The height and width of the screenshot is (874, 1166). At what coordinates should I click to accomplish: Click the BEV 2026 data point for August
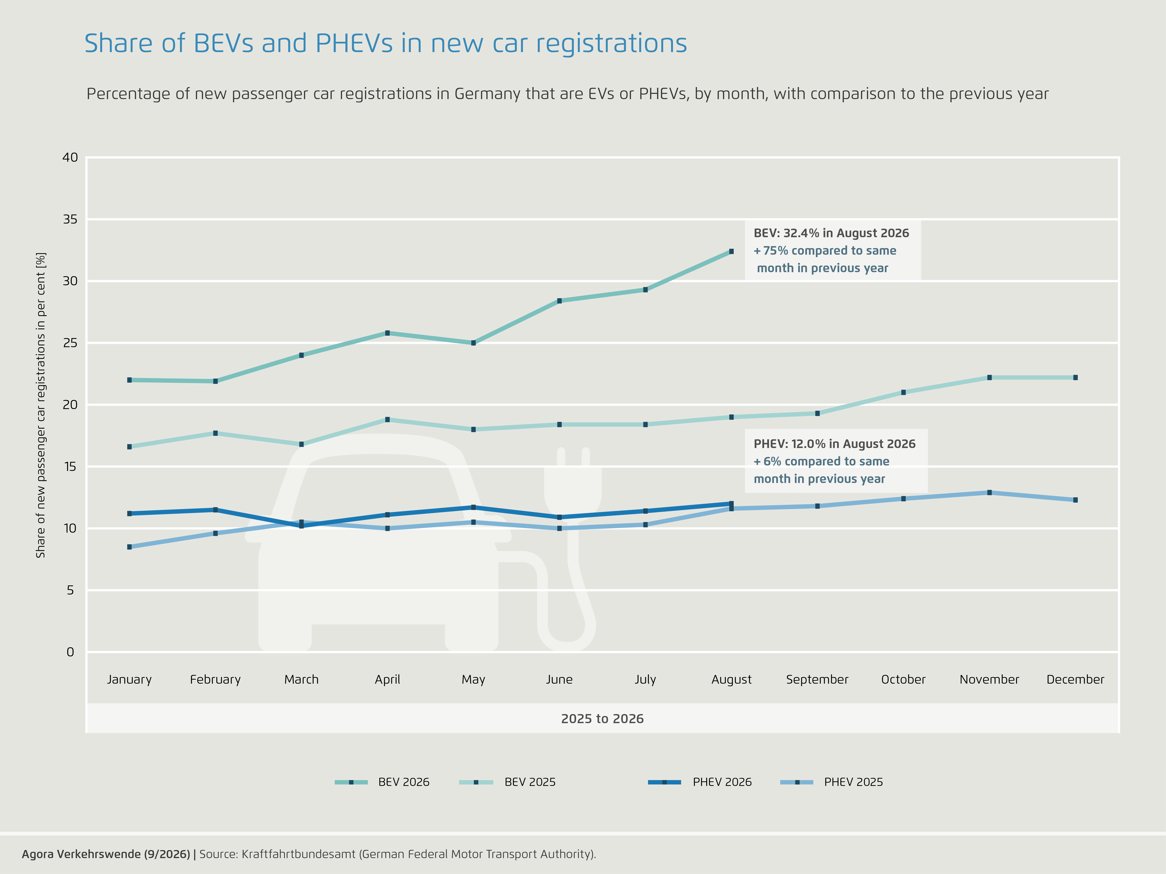731,251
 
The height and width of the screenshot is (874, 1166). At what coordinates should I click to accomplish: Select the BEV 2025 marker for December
1075,377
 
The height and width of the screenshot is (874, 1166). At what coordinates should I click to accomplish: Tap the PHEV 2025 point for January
129,547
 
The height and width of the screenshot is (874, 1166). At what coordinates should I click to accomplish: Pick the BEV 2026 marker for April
387,333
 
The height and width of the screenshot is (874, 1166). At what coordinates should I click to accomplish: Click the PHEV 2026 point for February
215,509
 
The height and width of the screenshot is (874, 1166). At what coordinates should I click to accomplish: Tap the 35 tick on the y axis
70,219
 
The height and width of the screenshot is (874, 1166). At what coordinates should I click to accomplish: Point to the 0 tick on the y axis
70,652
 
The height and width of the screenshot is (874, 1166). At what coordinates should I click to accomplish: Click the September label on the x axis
817,680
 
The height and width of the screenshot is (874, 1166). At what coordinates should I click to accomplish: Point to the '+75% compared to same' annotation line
825,251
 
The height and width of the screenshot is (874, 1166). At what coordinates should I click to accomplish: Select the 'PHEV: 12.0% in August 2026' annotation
834,444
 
